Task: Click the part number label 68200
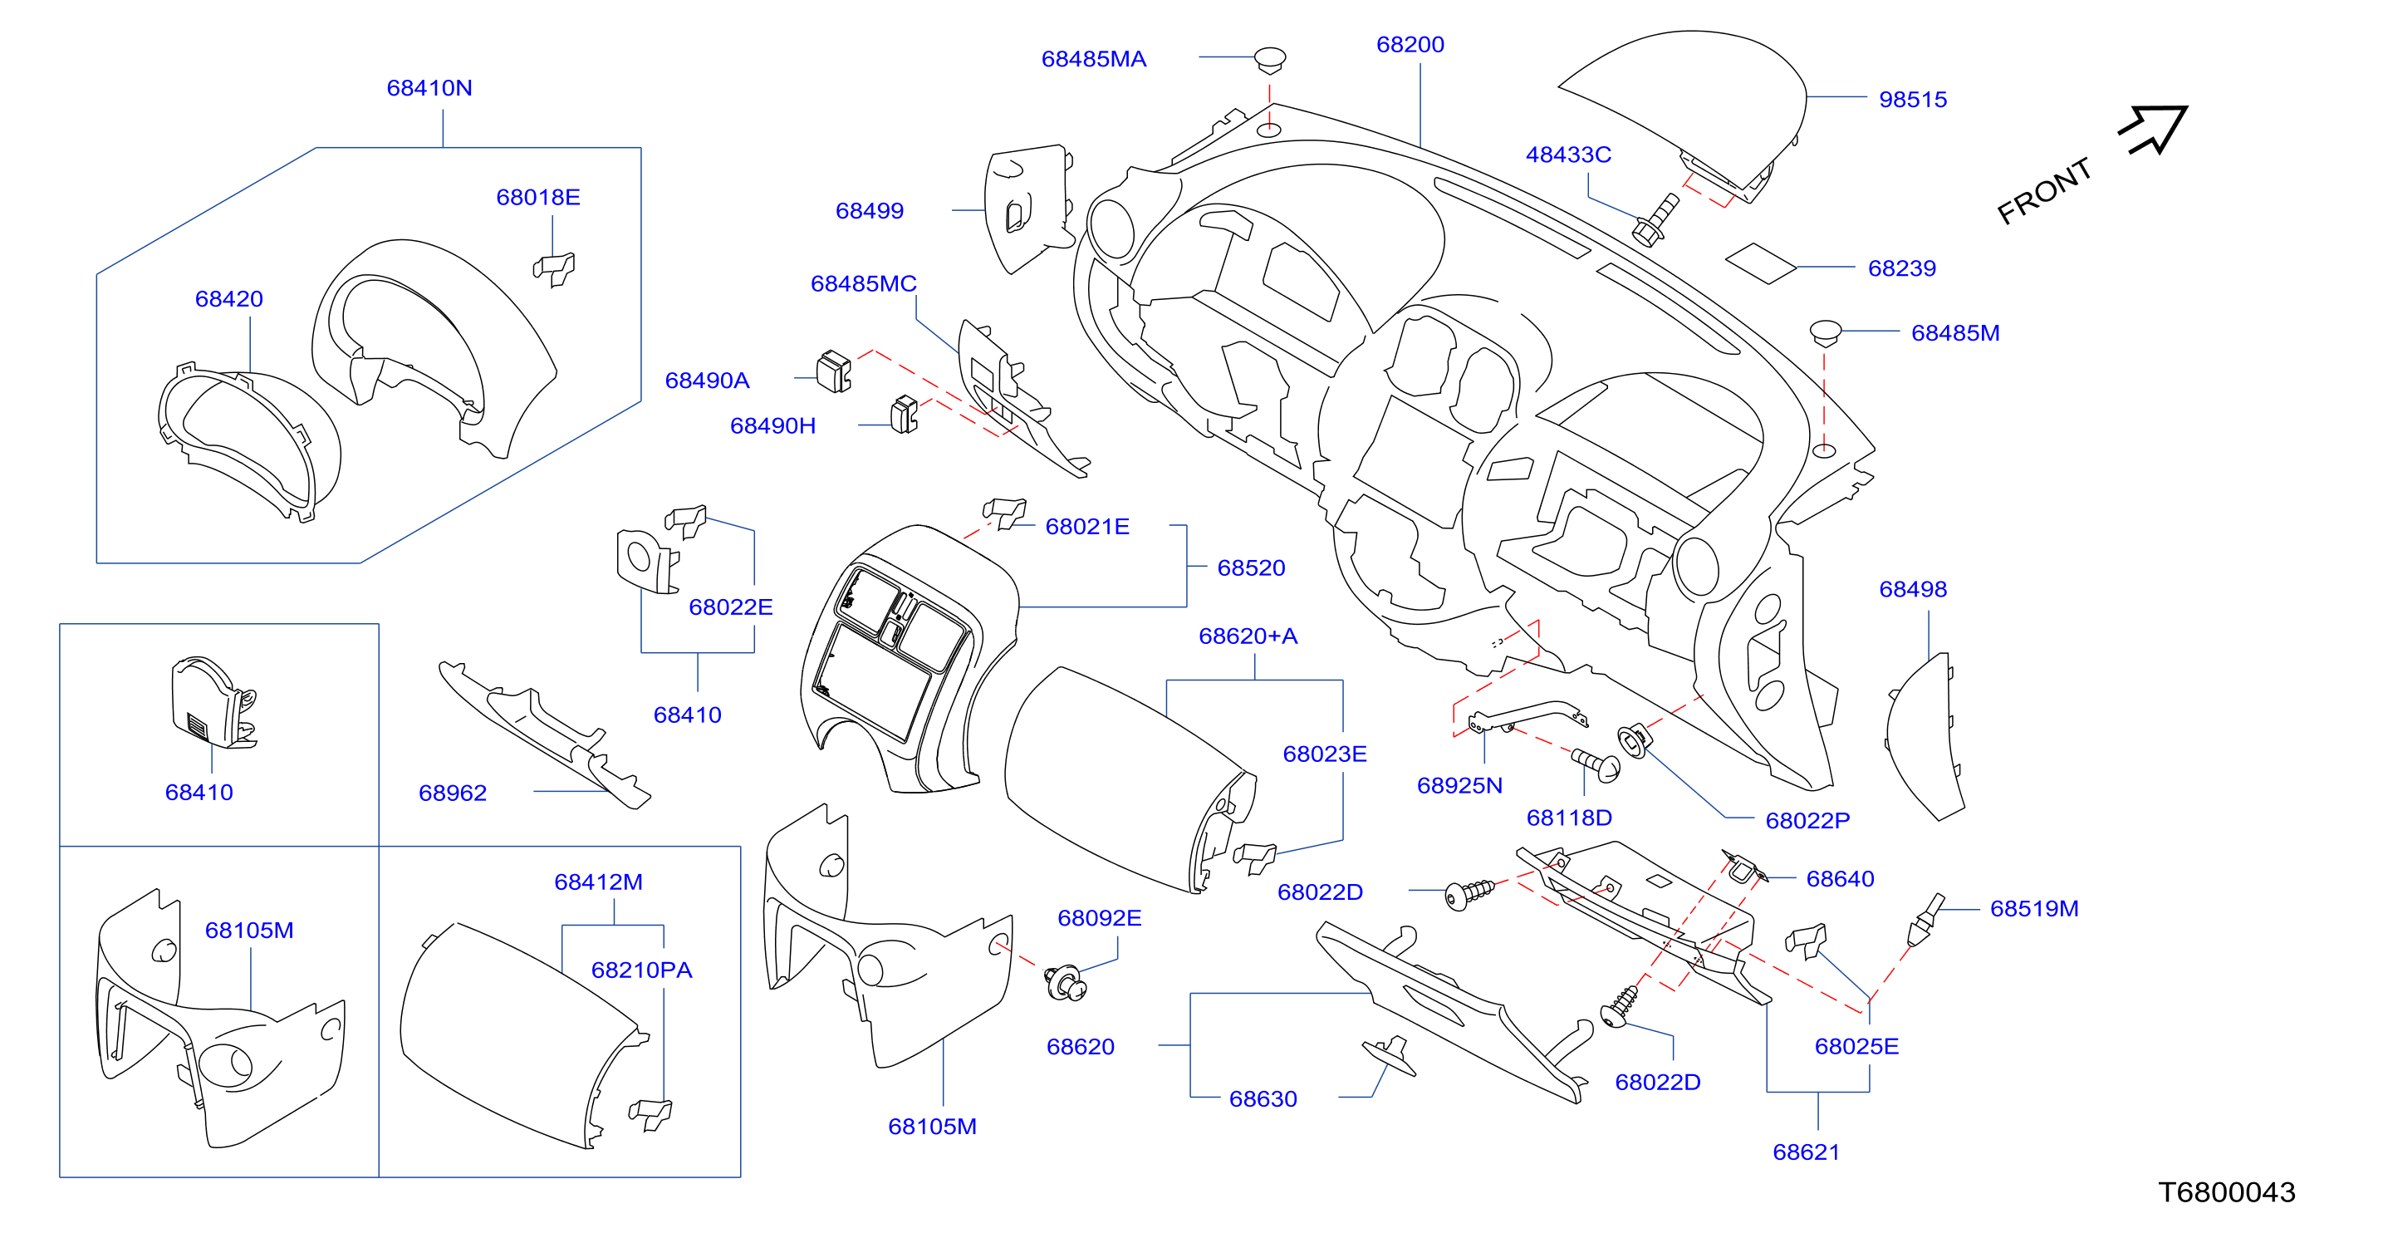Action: pos(1410,45)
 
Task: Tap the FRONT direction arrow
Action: pos(2154,129)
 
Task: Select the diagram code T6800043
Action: pos(2227,1191)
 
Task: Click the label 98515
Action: pos(1912,99)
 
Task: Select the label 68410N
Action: pos(429,88)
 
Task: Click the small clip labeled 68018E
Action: pos(554,269)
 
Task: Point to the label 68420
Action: pos(229,298)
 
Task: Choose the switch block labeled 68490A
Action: pos(833,371)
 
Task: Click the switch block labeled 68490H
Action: pos(904,415)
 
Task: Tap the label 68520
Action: pos(1251,567)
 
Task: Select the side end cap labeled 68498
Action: pos(1925,736)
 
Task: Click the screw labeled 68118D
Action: pos(1596,765)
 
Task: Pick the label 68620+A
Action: pos(1248,636)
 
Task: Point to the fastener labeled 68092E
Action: pos(1065,983)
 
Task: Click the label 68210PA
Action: pos(641,970)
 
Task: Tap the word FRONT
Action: pos(2044,191)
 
